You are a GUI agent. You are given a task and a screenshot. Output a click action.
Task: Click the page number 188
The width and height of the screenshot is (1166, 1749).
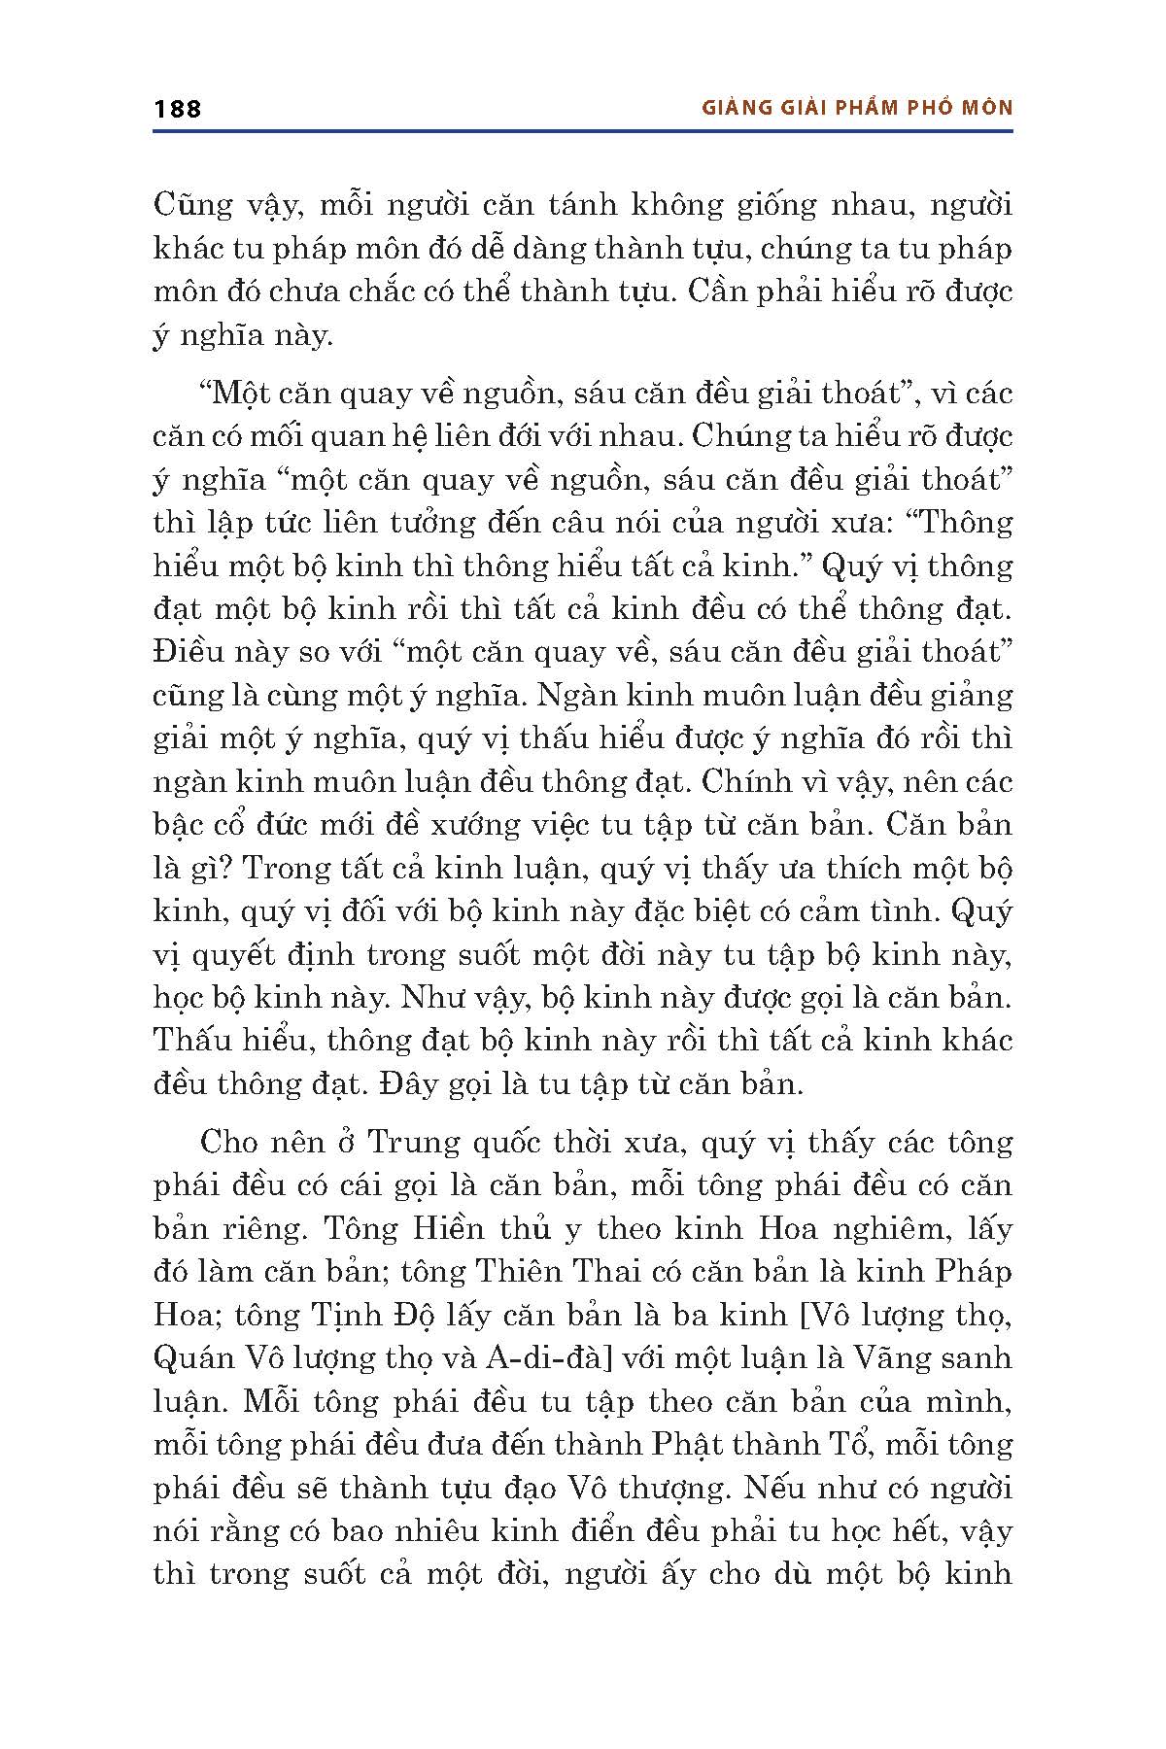click(x=177, y=109)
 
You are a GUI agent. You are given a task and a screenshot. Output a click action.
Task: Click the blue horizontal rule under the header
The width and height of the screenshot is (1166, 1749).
click(x=583, y=130)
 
